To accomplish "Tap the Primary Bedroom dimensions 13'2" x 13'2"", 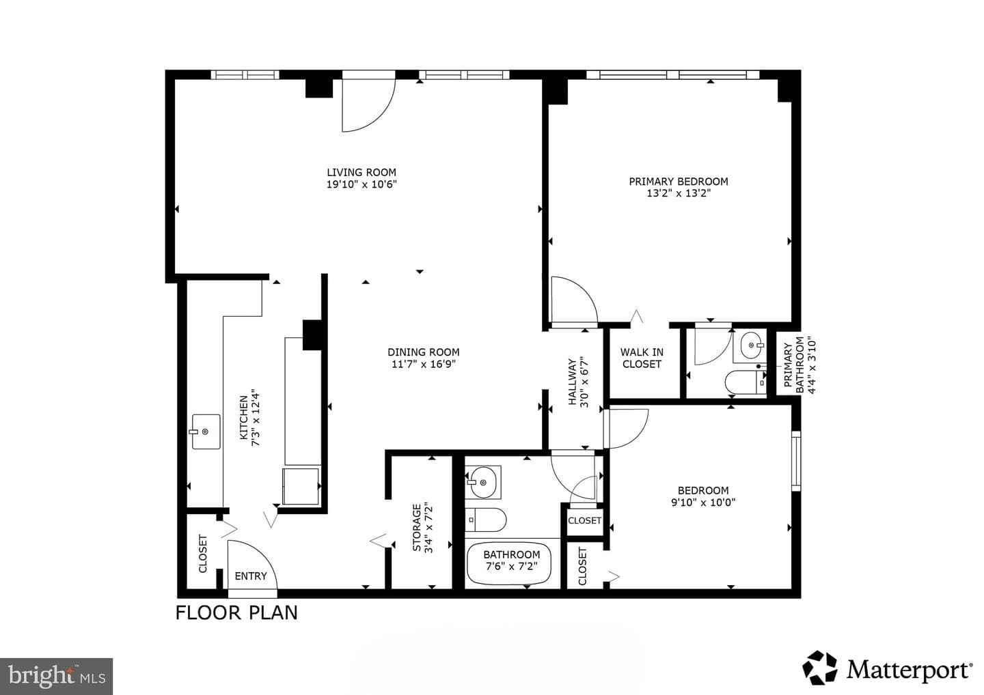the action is click(x=679, y=193).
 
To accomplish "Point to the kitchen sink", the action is click(x=206, y=431).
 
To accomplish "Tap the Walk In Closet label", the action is click(x=642, y=358).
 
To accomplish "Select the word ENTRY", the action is click(x=251, y=576).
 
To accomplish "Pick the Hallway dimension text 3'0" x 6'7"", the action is click(x=584, y=382).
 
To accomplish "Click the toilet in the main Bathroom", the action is click(x=485, y=520).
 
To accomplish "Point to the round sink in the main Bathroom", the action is click(x=482, y=483).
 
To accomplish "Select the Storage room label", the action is click(x=422, y=528).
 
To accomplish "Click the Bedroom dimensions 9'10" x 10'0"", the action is click(x=703, y=502).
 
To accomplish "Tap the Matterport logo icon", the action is click(x=820, y=668).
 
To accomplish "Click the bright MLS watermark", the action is click(x=56, y=676).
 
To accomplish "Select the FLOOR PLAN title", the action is click(x=236, y=613).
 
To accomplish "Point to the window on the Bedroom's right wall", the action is click(x=796, y=461).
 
